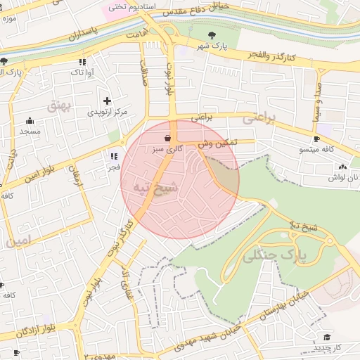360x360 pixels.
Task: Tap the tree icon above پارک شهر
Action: tap(212, 34)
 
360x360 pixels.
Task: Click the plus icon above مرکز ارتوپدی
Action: tap(107, 101)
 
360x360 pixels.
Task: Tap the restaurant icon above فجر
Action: tap(114, 156)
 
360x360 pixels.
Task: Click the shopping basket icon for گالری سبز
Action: tap(167, 139)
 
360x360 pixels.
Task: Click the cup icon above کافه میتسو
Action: tap(316, 139)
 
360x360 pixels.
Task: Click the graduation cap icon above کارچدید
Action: tap(326, 337)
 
